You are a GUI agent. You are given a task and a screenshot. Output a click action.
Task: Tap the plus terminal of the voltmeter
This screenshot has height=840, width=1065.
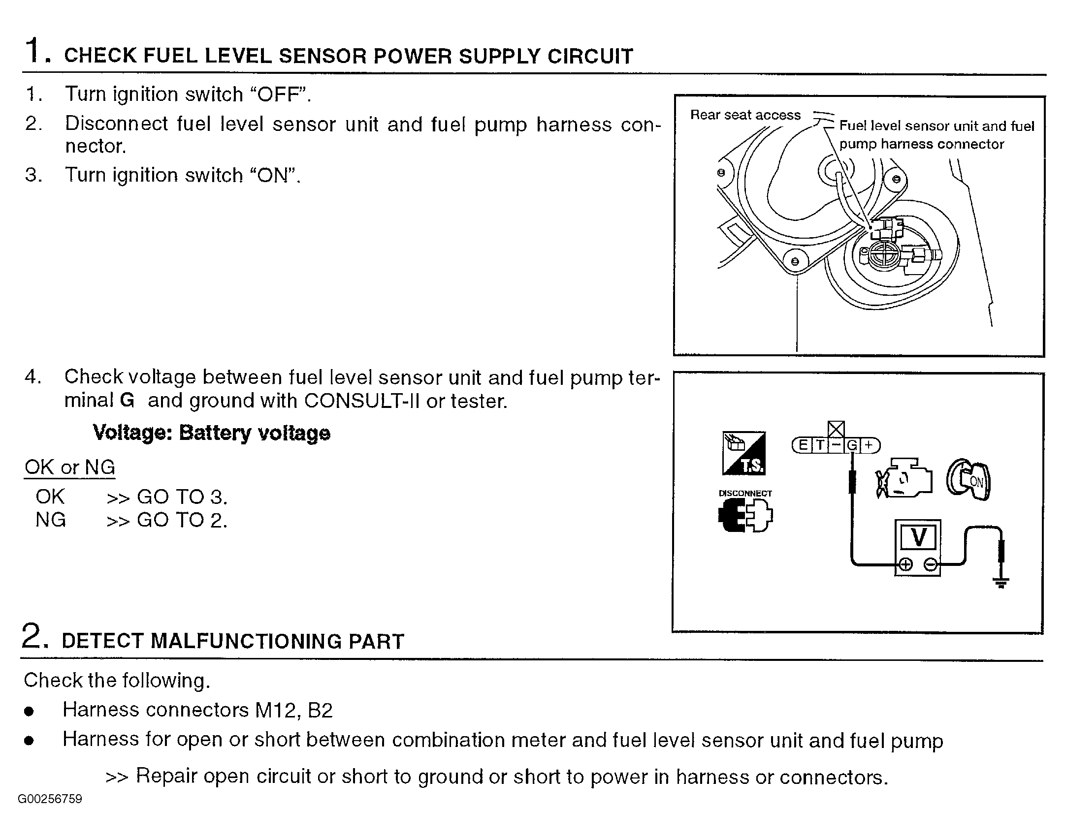[x=905, y=564]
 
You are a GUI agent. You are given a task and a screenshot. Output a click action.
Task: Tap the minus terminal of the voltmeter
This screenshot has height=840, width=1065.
[x=930, y=564]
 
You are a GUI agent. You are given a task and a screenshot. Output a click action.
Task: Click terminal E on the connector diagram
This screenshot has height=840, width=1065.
[x=803, y=445]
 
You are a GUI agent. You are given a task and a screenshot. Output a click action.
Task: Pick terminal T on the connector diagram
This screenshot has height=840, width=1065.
[x=819, y=445]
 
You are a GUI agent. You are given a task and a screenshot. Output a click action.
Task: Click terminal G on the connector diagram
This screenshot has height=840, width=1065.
[x=852, y=445]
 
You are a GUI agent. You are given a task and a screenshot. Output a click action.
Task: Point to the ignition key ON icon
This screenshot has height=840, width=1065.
[x=968, y=480]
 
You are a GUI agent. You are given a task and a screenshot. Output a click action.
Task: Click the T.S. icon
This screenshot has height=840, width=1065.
[x=744, y=453]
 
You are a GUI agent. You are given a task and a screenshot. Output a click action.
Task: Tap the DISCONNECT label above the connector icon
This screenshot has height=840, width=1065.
[x=745, y=493]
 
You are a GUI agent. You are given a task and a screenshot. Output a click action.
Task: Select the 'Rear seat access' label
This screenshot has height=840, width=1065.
[x=745, y=115]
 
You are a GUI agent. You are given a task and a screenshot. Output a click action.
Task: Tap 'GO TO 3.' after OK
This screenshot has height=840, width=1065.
[x=182, y=497]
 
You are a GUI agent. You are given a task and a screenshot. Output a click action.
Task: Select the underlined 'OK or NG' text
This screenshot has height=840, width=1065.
[x=69, y=467]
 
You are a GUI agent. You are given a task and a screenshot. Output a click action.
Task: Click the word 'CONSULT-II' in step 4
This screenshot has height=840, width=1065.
[x=361, y=401]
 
